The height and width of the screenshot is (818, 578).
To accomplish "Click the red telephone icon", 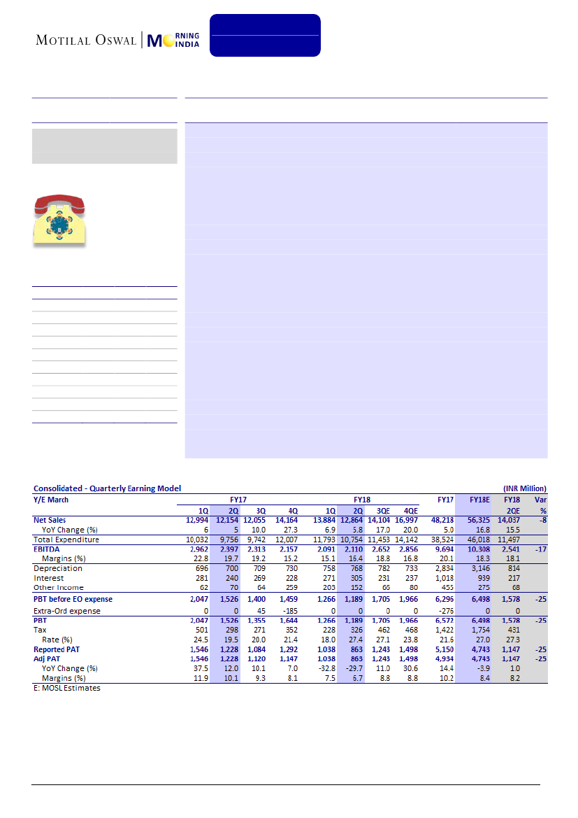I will point(59,218).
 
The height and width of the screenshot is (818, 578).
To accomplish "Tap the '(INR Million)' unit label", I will point(524,488).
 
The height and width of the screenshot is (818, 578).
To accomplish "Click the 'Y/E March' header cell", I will point(51,500).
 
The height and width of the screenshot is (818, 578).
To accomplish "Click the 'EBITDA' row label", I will point(48,549).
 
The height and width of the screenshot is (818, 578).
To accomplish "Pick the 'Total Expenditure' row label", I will point(66,540).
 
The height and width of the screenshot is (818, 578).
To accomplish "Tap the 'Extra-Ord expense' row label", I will point(66,611).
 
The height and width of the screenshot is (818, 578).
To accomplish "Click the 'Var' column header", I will point(540,500).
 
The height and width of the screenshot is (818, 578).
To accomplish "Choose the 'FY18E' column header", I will point(479,500).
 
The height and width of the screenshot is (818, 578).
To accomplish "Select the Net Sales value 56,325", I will point(479,520).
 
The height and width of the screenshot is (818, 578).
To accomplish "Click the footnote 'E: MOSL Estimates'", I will point(67,689).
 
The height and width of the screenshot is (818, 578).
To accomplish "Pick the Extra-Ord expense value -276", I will point(445,611).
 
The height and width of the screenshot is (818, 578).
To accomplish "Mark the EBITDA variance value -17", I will point(541,549).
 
